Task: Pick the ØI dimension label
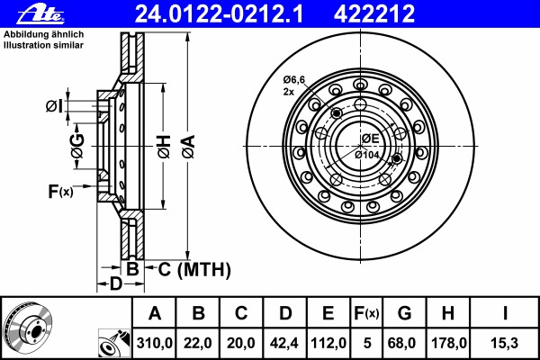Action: coord(54,107)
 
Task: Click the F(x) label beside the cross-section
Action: coord(61,191)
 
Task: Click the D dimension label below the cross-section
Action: coord(115,285)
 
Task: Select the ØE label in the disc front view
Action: coord(371,138)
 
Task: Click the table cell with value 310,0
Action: coord(154,344)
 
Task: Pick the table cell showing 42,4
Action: coord(285,344)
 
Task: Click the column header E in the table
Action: coord(328,313)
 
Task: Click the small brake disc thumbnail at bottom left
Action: coord(30,328)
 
